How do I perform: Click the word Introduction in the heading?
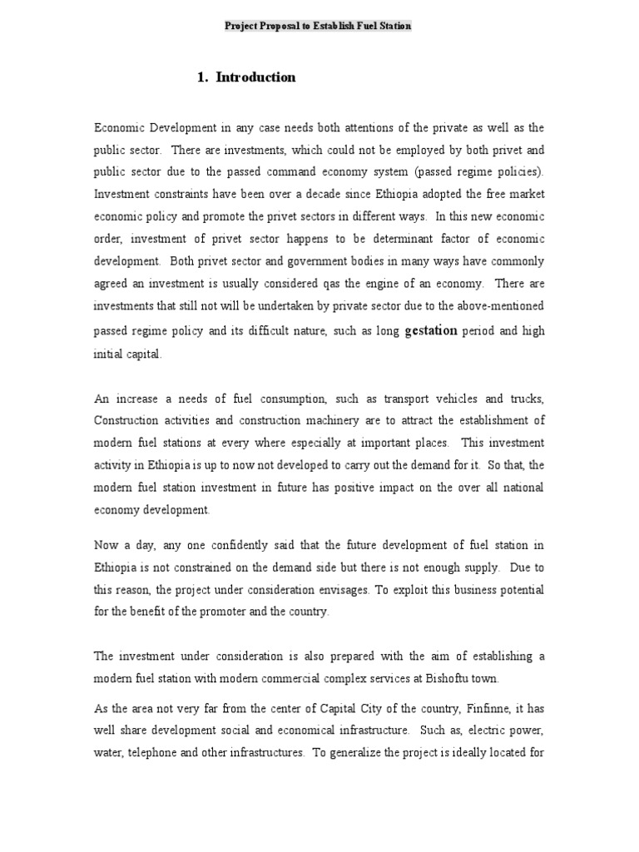(x=255, y=77)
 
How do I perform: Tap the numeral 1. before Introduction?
(x=202, y=77)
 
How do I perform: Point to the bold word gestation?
(x=431, y=330)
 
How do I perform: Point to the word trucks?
(x=526, y=398)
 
